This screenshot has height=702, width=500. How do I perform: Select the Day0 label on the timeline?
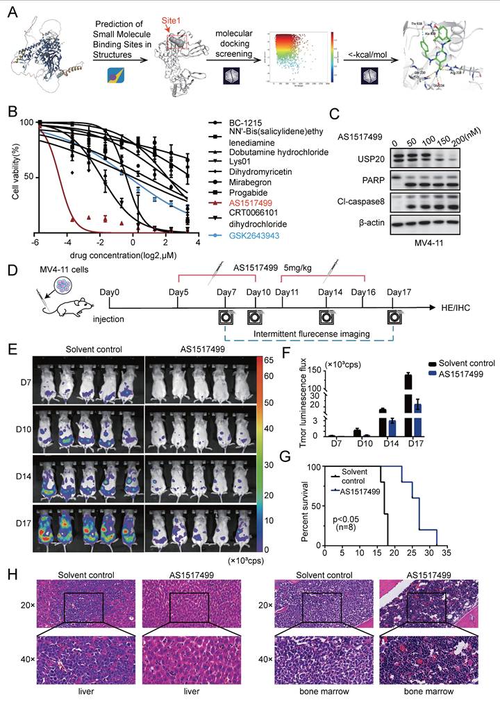click(111, 292)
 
